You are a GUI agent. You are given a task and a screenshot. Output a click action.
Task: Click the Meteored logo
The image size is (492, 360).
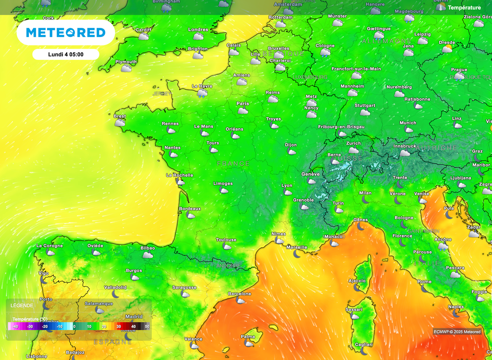click(x=65, y=33)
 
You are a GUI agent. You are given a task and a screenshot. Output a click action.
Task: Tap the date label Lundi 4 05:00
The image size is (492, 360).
click(x=66, y=54)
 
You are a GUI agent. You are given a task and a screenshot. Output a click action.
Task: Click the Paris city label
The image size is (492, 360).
click(x=243, y=104)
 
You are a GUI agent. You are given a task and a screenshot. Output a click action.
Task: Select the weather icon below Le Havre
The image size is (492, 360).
click(x=202, y=94)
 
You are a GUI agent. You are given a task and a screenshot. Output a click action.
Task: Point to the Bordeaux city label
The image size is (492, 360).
click(x=190, y=209)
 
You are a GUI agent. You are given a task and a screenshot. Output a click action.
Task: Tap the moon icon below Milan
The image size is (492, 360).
click(x=366, y=200)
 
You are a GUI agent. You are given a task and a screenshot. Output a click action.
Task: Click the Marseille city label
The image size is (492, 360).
click(x=297, y=247)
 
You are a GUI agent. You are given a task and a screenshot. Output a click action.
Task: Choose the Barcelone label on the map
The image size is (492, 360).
click(x=239, y=294)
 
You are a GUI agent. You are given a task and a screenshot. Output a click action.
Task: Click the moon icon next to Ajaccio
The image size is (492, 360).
click(x=357, y=287)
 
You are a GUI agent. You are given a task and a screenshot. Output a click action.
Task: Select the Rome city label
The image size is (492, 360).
click(x=425, y=282)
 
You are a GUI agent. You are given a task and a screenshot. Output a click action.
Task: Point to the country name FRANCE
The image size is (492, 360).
click(x=234, y=164)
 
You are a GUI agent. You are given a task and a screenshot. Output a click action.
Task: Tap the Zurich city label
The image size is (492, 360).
click(x=354, y=143)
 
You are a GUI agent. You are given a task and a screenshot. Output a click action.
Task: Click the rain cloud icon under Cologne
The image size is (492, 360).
click(x=325, y=53)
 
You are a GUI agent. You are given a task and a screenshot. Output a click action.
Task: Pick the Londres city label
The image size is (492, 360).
click(x=198, y=30)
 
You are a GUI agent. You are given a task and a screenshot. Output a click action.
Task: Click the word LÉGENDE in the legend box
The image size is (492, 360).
click(x=22, y=305)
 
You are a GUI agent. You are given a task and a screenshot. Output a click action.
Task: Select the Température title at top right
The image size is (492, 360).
click(x=464, y=8)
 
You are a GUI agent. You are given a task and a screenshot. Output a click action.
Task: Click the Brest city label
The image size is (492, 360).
click(x=120, y=116)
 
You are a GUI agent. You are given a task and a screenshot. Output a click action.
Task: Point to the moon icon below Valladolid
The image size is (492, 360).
click(x=116, y=293)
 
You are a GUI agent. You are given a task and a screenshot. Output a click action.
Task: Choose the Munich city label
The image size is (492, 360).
click(x=408, y=123)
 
